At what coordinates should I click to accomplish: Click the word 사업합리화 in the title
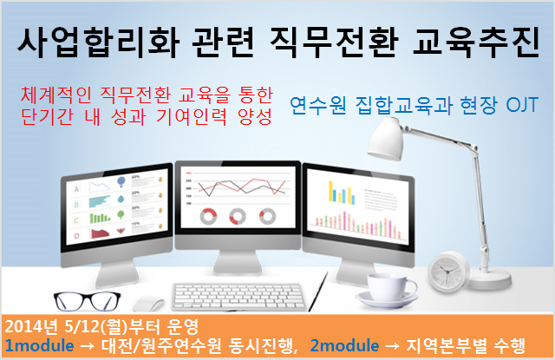[98, 42]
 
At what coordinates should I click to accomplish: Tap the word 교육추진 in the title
[476, 42]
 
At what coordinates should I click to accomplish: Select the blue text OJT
[522, 105]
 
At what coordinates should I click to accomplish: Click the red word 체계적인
[56, 95]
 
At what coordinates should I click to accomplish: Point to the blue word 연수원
[317, 105]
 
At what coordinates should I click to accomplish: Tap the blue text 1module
[40, 345]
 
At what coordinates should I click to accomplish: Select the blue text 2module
[344, 345]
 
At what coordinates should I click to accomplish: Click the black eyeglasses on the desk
[87, 301]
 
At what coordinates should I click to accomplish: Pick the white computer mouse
[148, 304]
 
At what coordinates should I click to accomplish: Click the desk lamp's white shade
[386, 139]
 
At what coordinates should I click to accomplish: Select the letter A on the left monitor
[76, 190]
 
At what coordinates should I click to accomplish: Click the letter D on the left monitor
[76, 236]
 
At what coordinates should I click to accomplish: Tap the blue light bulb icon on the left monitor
[121, 181]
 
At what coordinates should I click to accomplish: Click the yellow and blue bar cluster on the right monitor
[342, 193]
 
